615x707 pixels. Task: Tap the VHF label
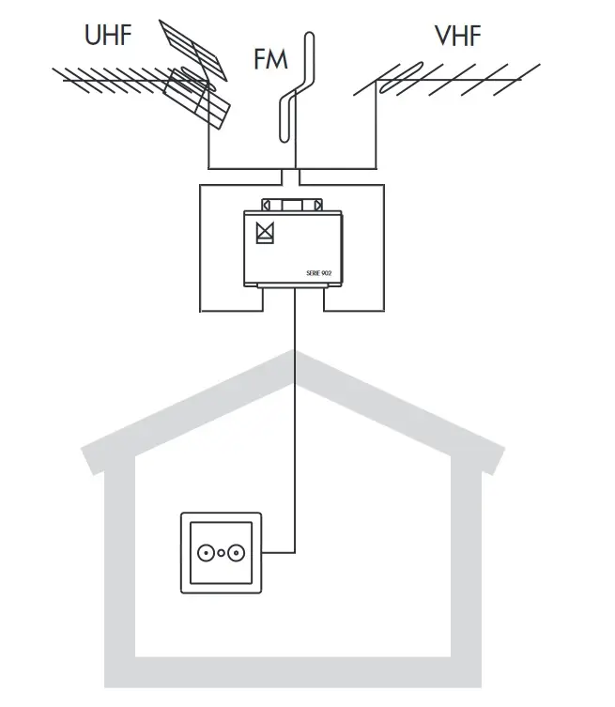pos(458,37)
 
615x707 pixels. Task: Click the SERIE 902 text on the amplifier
pos(320,272)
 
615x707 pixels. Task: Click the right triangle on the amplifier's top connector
pos(319,204)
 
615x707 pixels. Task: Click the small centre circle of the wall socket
pos(222,553)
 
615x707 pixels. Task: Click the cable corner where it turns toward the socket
pos(296,551)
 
